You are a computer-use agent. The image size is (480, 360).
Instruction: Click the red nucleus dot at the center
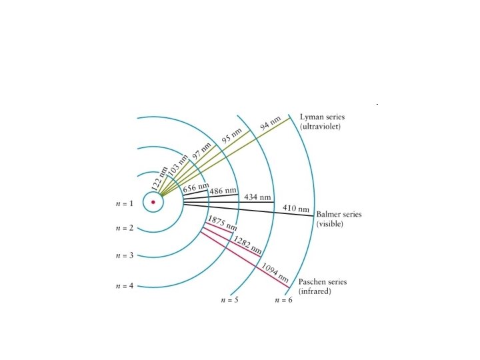[153, 202]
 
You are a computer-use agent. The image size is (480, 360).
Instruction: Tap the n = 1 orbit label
[125, 203]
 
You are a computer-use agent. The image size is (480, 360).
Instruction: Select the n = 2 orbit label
[125, 228]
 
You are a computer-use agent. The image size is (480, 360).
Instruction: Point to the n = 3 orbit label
[125, 255]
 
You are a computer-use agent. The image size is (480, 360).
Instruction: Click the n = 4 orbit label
[125, 286]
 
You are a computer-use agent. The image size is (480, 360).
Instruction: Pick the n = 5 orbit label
[229, 300]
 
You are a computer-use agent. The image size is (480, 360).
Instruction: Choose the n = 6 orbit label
[283, 300]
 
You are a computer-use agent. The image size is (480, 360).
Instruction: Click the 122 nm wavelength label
[160, 179]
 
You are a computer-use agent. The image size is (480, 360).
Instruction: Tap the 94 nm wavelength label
[270, 123]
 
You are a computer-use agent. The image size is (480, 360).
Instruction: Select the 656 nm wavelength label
[196, 187]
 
